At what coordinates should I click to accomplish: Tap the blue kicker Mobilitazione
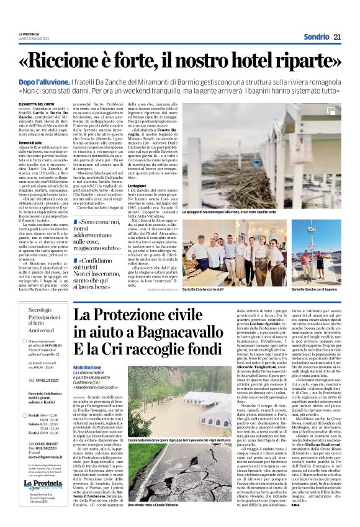90,367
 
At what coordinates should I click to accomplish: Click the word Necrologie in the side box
40,309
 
